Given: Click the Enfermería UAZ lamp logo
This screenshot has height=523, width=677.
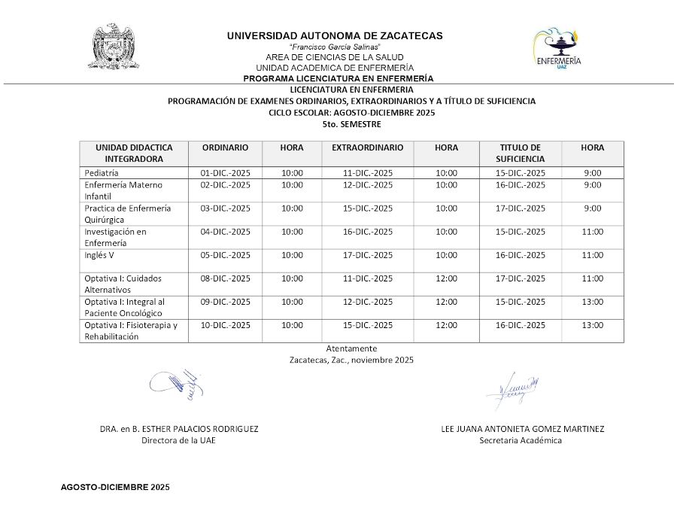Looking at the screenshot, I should click(557, 48).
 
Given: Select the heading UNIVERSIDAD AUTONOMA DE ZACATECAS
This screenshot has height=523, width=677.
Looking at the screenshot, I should click(335, 35).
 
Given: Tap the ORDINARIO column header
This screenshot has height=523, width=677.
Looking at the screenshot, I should click(225, 148).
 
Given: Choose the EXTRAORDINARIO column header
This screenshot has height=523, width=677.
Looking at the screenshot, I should click(367, 148).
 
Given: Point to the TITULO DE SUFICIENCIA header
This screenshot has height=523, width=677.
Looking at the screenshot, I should click(520, 154).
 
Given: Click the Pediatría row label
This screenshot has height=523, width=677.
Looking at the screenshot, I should click(102, 173).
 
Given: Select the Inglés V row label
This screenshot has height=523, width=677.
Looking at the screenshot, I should click(99, 255).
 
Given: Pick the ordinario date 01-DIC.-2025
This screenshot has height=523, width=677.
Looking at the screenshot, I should click(225, 173).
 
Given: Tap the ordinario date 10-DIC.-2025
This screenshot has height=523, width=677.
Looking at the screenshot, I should click(225, 325).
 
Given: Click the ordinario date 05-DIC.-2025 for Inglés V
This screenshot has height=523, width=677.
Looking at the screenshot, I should click(225, 255).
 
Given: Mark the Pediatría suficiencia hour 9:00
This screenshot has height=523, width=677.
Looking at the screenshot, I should click(592, 173).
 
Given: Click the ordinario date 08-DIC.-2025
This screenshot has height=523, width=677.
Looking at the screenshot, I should click(225, 278).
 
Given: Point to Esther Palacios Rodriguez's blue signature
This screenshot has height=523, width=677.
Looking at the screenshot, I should click(178, 383).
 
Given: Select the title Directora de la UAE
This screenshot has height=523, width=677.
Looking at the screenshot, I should click(178, 440).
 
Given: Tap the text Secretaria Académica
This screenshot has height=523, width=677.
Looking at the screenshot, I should click(521, 440).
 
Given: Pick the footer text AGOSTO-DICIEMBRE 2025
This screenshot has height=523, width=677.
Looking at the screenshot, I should click(115, 488).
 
